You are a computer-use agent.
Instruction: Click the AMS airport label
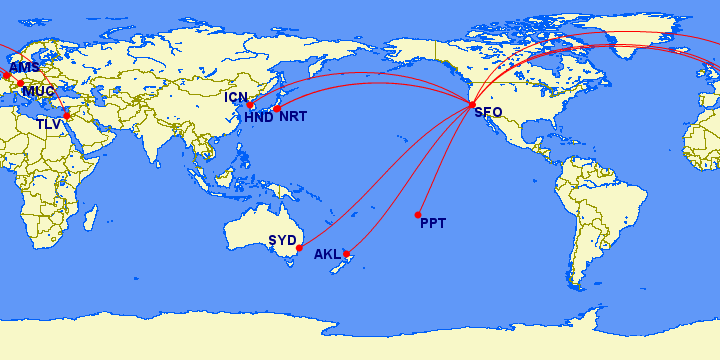click(24, 68)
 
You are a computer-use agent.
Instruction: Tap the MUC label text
click(38, 92)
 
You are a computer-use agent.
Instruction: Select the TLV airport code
click(48, 124)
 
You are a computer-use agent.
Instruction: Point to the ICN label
click(236, 98)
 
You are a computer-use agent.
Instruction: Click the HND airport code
click(258, 118)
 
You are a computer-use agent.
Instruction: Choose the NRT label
click(293, 117)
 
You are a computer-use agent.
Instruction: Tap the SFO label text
click(488, 113)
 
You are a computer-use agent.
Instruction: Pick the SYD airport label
click(282, 240)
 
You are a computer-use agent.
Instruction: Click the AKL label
click(327, 255)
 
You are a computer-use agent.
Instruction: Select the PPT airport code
click(433, 223)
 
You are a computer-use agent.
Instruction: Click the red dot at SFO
click(472, 104)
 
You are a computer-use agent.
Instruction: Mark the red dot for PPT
click(418, 215)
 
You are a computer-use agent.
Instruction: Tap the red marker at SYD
click(300, 248)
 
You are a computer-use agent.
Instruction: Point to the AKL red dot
click(346, 254)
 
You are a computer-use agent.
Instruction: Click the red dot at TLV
click(67, 115)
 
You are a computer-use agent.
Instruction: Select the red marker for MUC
click(20, 83)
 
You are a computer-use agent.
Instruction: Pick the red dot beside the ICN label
click(250, 104)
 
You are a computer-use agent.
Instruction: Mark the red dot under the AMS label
click(7, 75)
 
